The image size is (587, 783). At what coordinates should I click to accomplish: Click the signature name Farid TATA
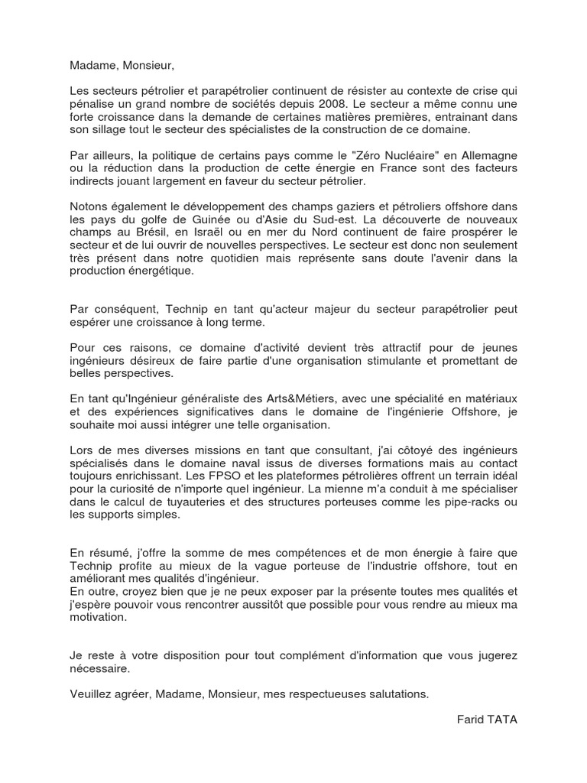[x=487, y=720]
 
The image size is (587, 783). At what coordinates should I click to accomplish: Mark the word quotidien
[x=238, y=258]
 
